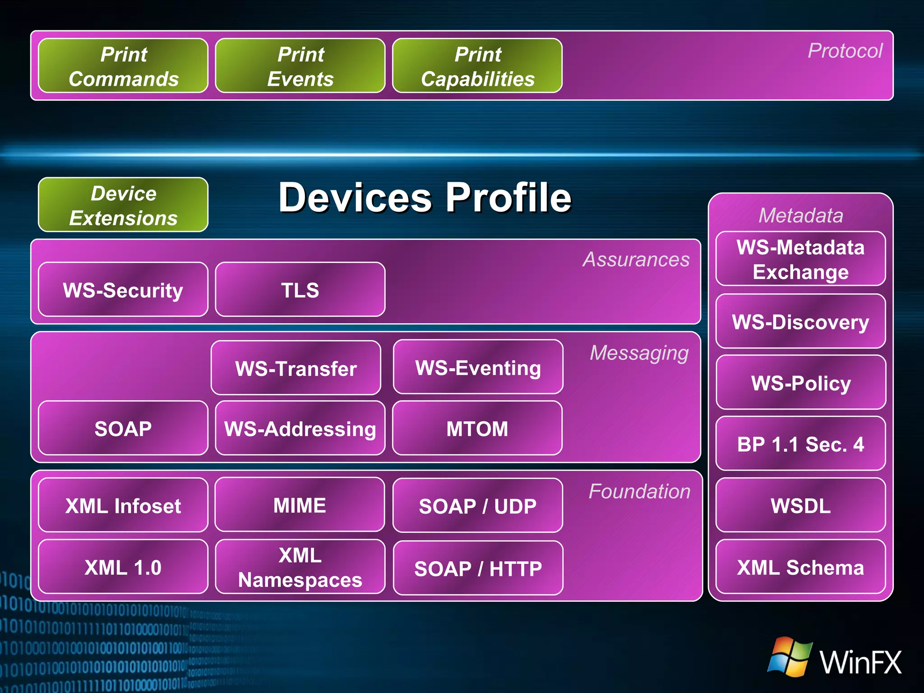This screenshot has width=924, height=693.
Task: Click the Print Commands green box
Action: [123, 66]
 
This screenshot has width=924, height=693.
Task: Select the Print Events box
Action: [300, 66]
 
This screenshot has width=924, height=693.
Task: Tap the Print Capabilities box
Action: [477, 66]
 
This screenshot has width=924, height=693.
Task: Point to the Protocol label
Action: [845, 51]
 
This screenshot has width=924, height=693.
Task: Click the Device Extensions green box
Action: [123, 205]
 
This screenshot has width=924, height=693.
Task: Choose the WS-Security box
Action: [123, 290]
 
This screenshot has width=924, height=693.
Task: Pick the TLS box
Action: [300, 290]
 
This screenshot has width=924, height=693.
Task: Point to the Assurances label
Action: [636, 259]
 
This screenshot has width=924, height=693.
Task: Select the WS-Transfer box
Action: [296, 368]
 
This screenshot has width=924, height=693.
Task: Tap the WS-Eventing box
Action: [478, 367]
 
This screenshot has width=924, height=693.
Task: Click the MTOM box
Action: [477, 428]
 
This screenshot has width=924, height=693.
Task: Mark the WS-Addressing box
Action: [300, 428]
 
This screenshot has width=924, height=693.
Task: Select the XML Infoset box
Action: [123, 505]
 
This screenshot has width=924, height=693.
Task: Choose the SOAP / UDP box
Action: [478, 506]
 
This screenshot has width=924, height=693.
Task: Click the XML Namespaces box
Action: [300, 567]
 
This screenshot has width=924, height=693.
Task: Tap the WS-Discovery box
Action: [800, 321]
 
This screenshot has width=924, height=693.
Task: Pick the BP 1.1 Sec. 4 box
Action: [800, 444]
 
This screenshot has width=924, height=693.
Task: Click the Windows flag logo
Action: [790, 656]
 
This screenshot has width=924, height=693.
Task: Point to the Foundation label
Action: [639, 491]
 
